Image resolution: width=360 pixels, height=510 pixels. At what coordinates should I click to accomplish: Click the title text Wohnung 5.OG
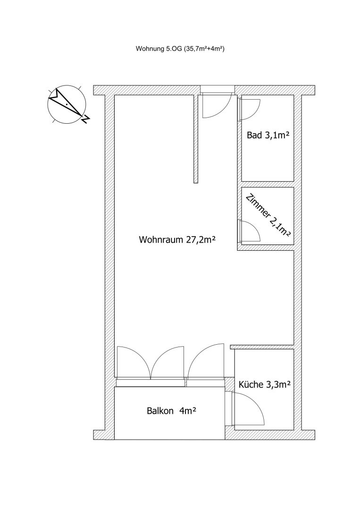(x=159, y=49)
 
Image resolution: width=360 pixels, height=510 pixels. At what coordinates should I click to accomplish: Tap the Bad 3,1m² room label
(x=268, y=136)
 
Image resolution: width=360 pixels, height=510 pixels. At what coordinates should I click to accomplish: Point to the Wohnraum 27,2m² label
(x=177, y=240)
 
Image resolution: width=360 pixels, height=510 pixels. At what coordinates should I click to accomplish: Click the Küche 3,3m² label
(x=265, y=385)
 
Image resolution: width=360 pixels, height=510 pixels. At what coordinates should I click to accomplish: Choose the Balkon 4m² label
(x=172, y=411)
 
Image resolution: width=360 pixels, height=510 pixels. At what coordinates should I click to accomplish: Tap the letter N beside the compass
(x=86, y=119)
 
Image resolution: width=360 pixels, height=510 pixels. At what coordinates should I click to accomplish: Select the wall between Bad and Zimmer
(x=268, y=184)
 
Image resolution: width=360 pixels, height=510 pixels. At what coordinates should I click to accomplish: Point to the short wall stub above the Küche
(x=262, y=347)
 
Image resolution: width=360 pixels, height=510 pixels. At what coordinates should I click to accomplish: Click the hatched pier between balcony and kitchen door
(x=229, y=385)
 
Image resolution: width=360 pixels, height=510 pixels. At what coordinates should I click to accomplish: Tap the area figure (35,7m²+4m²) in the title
(x=204, y=49)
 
